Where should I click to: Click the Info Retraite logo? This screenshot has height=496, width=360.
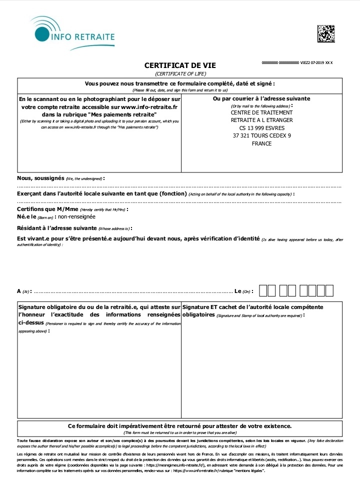pos(75,32)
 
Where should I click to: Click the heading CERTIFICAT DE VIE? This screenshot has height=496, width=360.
pos(180,65)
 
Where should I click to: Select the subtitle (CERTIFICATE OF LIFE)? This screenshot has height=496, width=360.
pos(180,73)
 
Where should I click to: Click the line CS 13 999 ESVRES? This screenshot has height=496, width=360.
pos(261,128)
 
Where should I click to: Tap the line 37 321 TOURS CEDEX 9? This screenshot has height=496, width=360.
pos(261,135)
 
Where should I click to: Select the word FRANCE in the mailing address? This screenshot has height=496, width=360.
pos(261,143)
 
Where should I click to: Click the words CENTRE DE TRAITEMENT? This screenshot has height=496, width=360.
pos(261,112)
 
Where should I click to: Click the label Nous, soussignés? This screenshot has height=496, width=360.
pos(40,178)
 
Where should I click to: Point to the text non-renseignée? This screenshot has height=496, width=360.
pos(76,216)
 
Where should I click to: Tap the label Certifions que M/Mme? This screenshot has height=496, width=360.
pos(47,209)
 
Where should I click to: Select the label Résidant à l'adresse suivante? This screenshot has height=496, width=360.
pos(53,228)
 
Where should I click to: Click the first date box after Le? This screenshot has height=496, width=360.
pos(263,290)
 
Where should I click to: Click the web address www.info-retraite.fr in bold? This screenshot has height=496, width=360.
pos(149,107)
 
